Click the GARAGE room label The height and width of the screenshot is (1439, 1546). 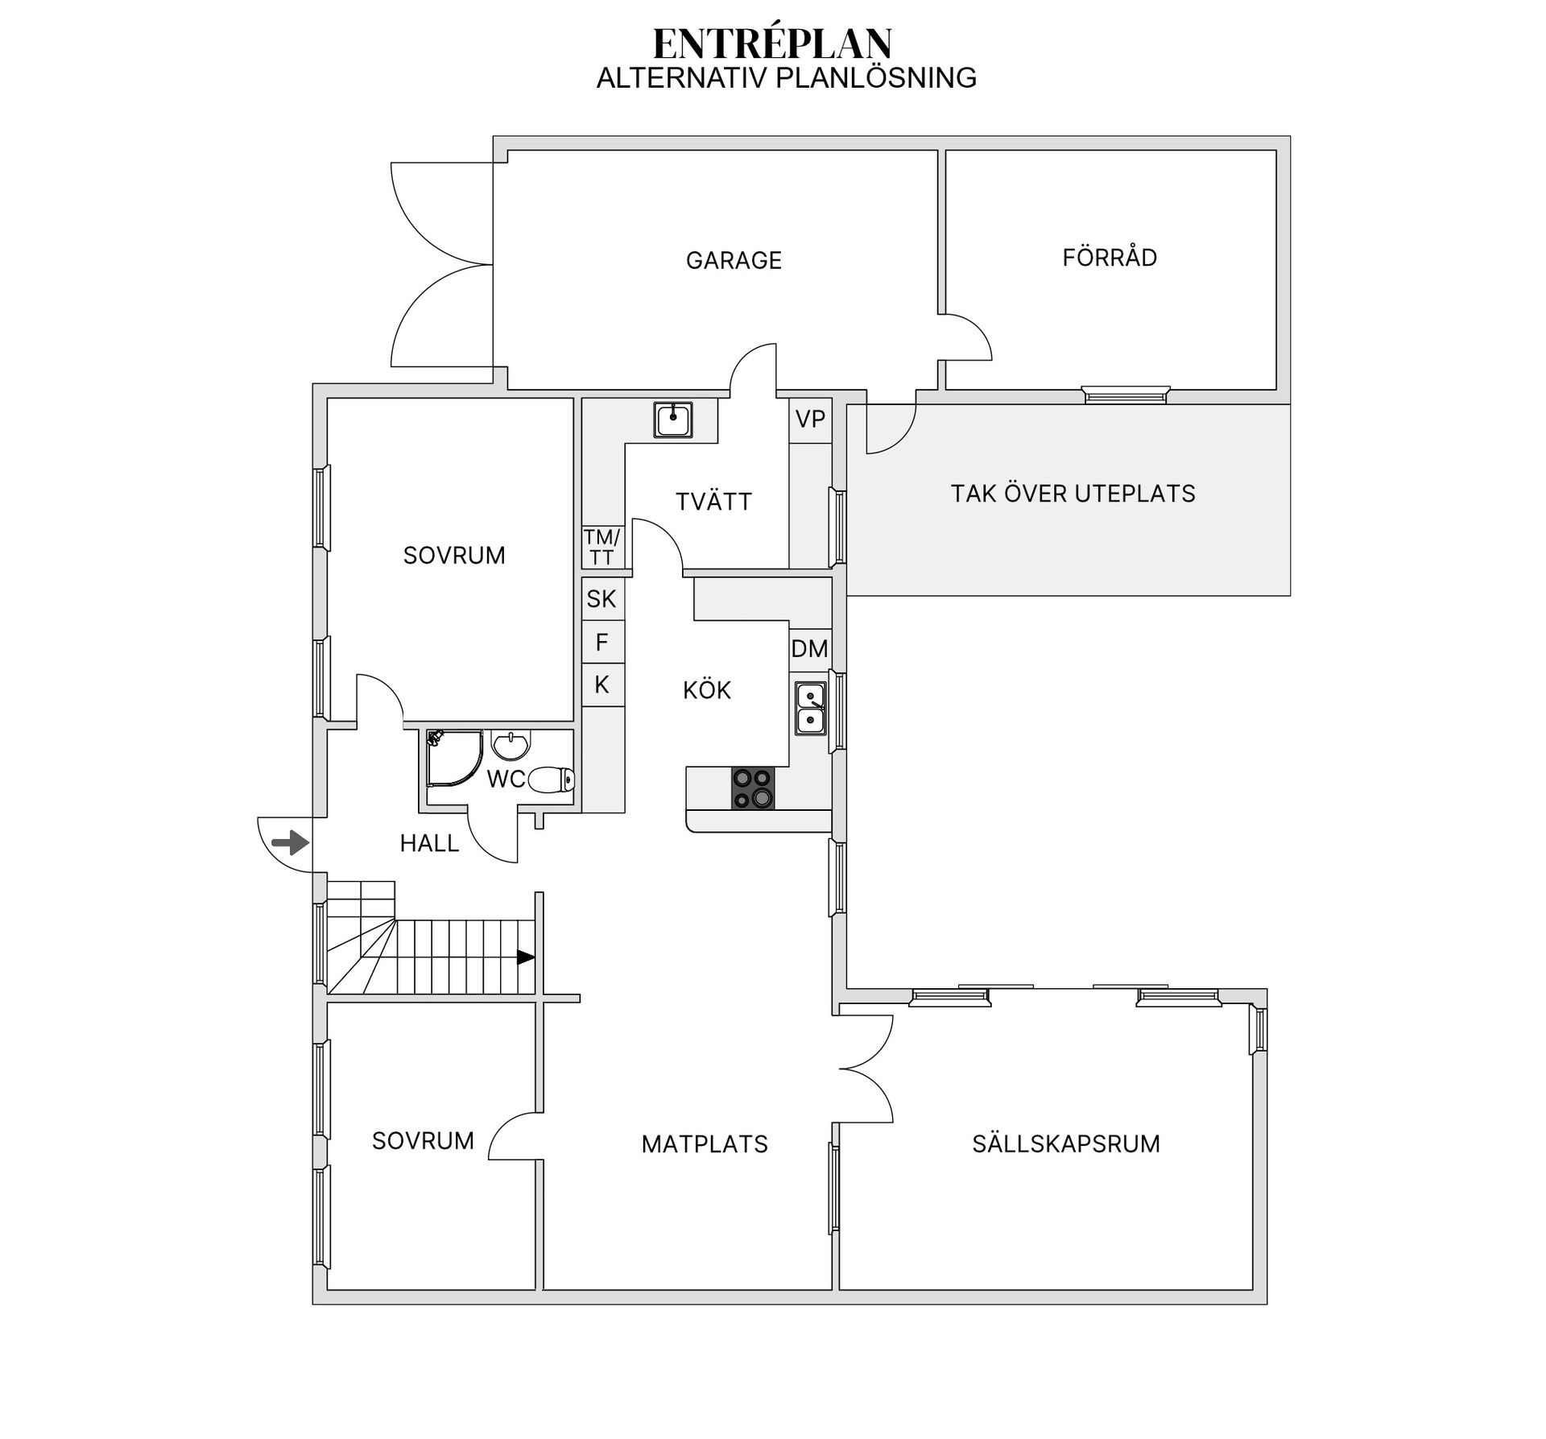[x=734, y=260]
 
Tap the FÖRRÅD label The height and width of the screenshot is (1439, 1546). [x=1110, y=257]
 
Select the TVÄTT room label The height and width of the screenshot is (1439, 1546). [x=713, y=501]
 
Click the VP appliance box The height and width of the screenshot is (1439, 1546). [x=810, y=420]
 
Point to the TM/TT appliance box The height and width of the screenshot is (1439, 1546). [x=602, y=548]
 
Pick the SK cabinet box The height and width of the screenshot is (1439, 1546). [x=602, y=598]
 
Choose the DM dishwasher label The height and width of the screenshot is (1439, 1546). [x=810, y=648]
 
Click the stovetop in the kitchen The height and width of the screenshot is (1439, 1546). [x=753, y=788]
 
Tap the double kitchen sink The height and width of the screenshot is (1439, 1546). [x=811, y=708]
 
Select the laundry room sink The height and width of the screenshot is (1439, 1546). [x=673, y=420]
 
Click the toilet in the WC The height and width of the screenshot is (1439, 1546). [x=552, y=779]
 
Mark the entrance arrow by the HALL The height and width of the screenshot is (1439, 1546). [x=290, y=843]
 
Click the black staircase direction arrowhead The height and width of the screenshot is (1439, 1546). [x=526, y=957]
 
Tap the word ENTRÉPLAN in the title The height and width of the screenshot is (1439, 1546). [x=773, y=43]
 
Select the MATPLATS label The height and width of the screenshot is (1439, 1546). [x=705, y=1144]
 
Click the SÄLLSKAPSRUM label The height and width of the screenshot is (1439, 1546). [x=1066, y=1143]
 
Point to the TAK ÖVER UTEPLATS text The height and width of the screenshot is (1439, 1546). [x=1073, y=493]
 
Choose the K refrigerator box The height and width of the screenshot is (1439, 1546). [x=602, y=684]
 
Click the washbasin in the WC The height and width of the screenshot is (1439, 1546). [x=511, y=746]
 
